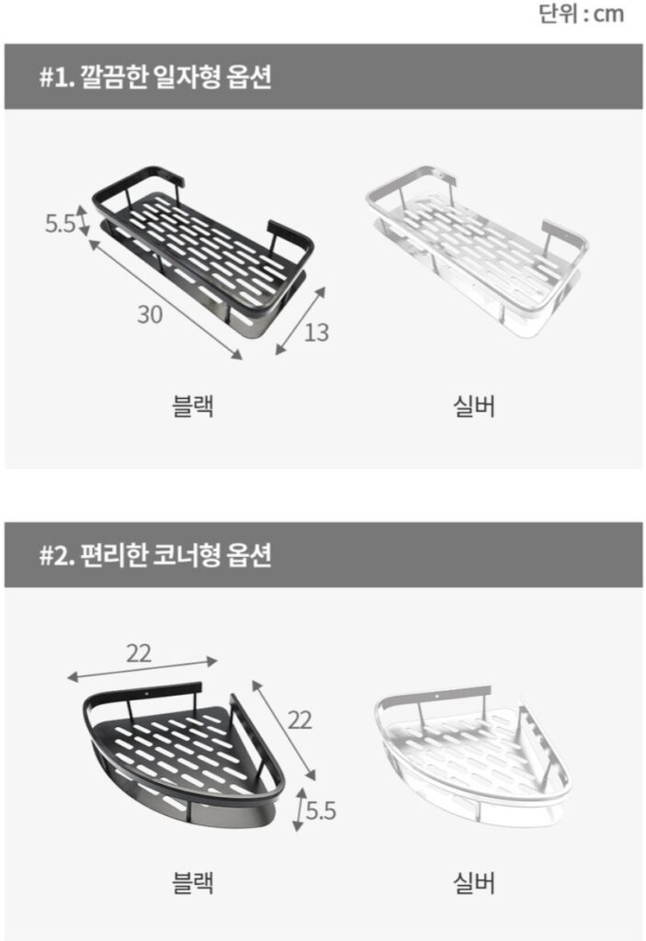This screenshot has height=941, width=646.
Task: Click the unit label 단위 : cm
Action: (x=581, y=13)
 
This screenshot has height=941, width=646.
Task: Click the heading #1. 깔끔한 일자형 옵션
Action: (x=155, y=77)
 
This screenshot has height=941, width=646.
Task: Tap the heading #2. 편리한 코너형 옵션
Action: (x=155, y=555)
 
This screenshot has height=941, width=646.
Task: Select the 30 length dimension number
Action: (x=150, y=314)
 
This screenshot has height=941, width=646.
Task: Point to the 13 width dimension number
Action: (x=316, y=333)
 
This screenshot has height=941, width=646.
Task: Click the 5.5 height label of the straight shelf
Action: (x=60, y=223)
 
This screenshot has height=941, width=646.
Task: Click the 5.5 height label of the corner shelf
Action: (x=321, y=811)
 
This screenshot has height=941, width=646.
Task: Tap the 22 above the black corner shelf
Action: (x=139, y=653)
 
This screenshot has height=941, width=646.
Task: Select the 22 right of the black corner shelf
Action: (x=300, y=720)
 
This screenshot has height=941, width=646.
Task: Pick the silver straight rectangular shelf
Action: (x=476, y=252)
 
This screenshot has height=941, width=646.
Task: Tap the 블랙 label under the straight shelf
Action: (x=193, y=405)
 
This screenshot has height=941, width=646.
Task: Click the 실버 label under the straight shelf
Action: (x=473, y=405)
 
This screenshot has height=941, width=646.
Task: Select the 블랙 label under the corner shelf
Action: (x=193, y=883)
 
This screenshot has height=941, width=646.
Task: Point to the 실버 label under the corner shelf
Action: (x=473, y=883)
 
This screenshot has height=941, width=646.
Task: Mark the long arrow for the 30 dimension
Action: (x=165, y=299)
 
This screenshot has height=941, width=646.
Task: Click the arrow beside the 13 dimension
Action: (x=300, y=321)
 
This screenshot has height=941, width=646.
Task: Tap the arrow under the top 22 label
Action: (x=142, y=669)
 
